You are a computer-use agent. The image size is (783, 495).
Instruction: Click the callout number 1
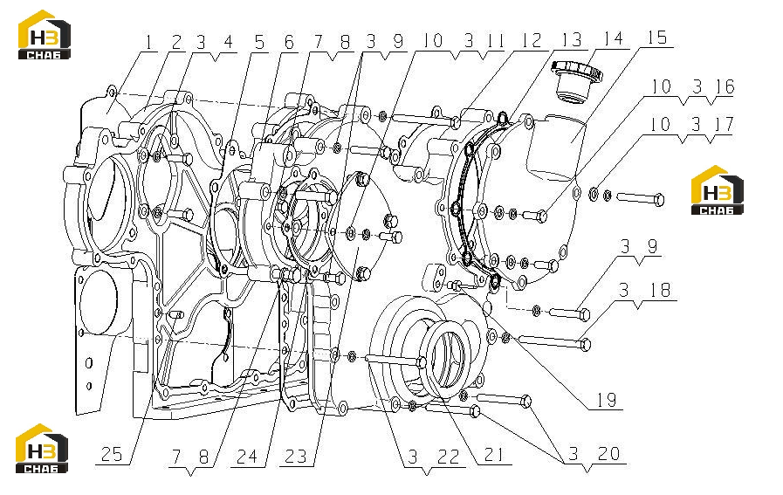click(148, 43)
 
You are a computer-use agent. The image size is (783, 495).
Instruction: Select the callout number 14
click(613, 39)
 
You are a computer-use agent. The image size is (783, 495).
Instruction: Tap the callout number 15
click(657, 38)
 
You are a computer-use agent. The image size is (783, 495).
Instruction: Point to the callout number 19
click(607, 400)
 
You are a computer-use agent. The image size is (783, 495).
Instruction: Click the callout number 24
click(247, 457)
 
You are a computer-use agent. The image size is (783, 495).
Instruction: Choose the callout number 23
click(296, 457)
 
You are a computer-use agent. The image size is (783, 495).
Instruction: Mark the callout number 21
click(494, 455)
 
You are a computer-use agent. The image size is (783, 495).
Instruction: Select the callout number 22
click(448, 457)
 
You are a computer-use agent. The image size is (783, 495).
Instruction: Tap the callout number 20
click(608, 454)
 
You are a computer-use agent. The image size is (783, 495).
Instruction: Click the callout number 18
click(659, 290)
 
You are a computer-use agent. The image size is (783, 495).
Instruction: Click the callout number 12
click(532, 40)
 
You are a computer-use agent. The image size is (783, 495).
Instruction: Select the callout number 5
click(259, 43)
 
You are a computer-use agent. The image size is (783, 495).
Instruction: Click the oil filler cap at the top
click(576, 81)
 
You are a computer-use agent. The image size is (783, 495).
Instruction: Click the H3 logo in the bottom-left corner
click(42, 449)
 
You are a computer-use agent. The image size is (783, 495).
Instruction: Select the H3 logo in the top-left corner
click(44, 34)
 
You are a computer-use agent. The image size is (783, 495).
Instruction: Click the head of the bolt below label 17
click(659, 200)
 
